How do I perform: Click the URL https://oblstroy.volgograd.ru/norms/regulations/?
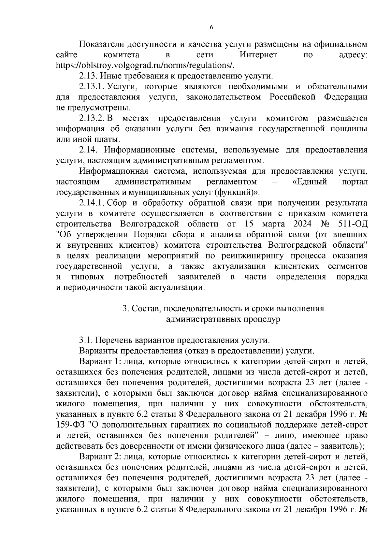(145, 65)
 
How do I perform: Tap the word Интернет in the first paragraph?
(258, 55)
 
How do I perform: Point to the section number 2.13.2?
(92, 118)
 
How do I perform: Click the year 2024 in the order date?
(302, 224)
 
